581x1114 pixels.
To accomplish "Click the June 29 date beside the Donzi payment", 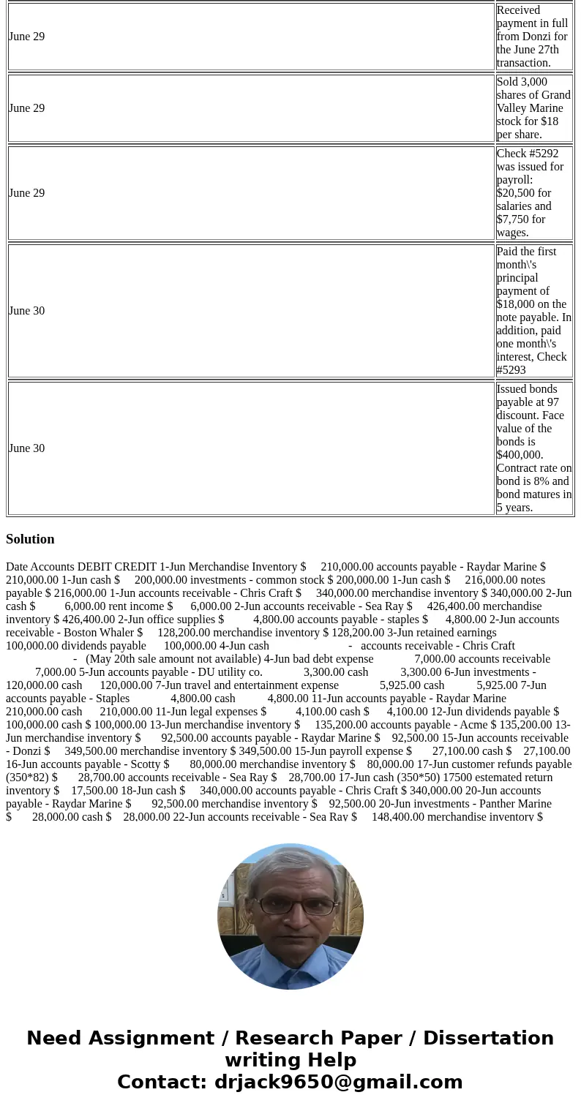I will [x=26, y=37].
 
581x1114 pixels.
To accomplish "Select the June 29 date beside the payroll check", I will [x=26, y=193].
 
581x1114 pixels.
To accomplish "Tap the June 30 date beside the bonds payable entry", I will [x=26, y=448].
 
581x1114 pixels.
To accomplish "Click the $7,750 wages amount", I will [x=512, y=219].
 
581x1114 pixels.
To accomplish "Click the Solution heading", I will [x=30, y=539].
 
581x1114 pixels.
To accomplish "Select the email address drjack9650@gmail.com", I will [x=338, y=1083].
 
